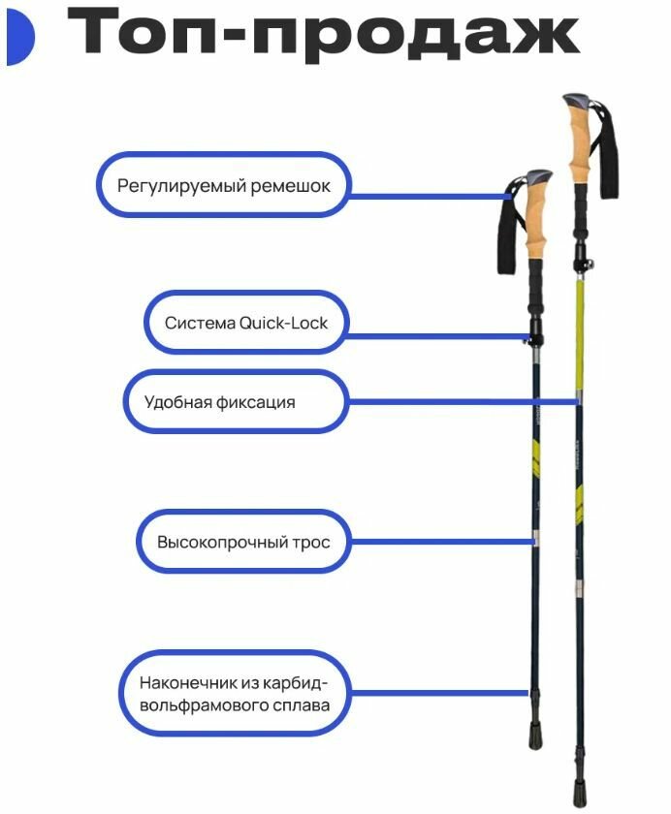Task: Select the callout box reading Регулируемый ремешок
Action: pyautogui.click(x=222, y=184)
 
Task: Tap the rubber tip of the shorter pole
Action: pyautogui.click(x=535, y=736)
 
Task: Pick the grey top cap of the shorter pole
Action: pyautogui.click(x=538, y=179)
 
